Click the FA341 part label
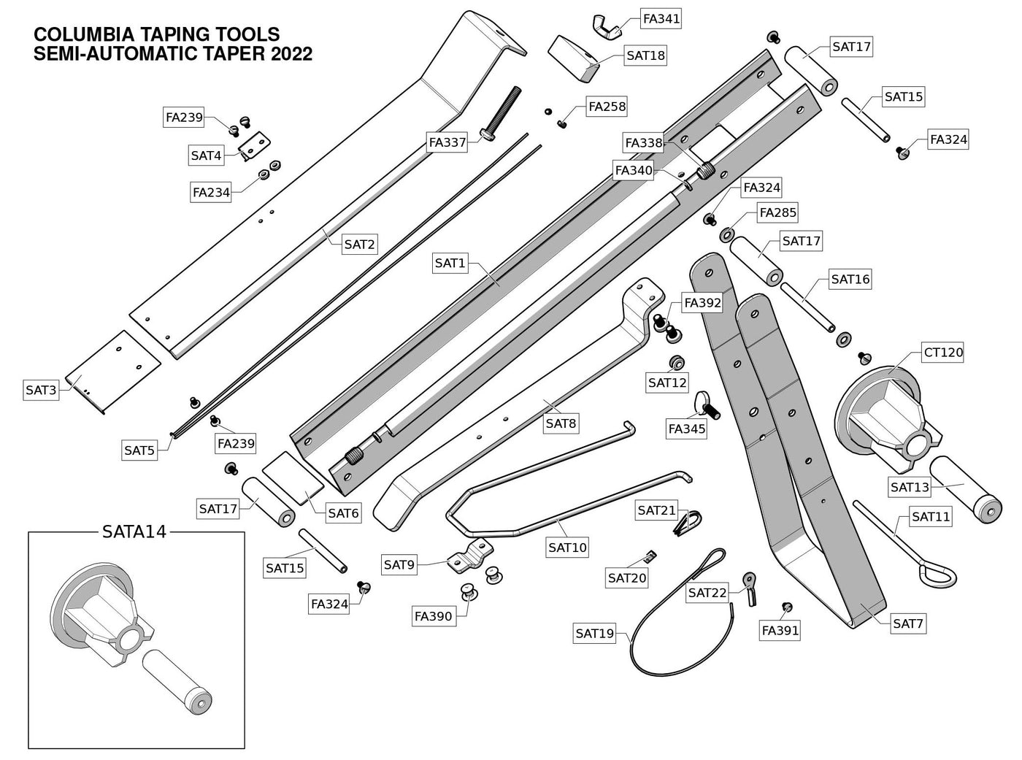661,18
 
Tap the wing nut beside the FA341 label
609,26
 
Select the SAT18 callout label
645,55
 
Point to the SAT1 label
450,263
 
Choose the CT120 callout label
943,353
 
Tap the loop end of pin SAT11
937,575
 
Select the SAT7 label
908,623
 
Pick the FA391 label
780,630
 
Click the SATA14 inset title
134,531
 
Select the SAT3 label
41,390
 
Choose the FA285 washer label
777,212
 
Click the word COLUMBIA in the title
84,35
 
